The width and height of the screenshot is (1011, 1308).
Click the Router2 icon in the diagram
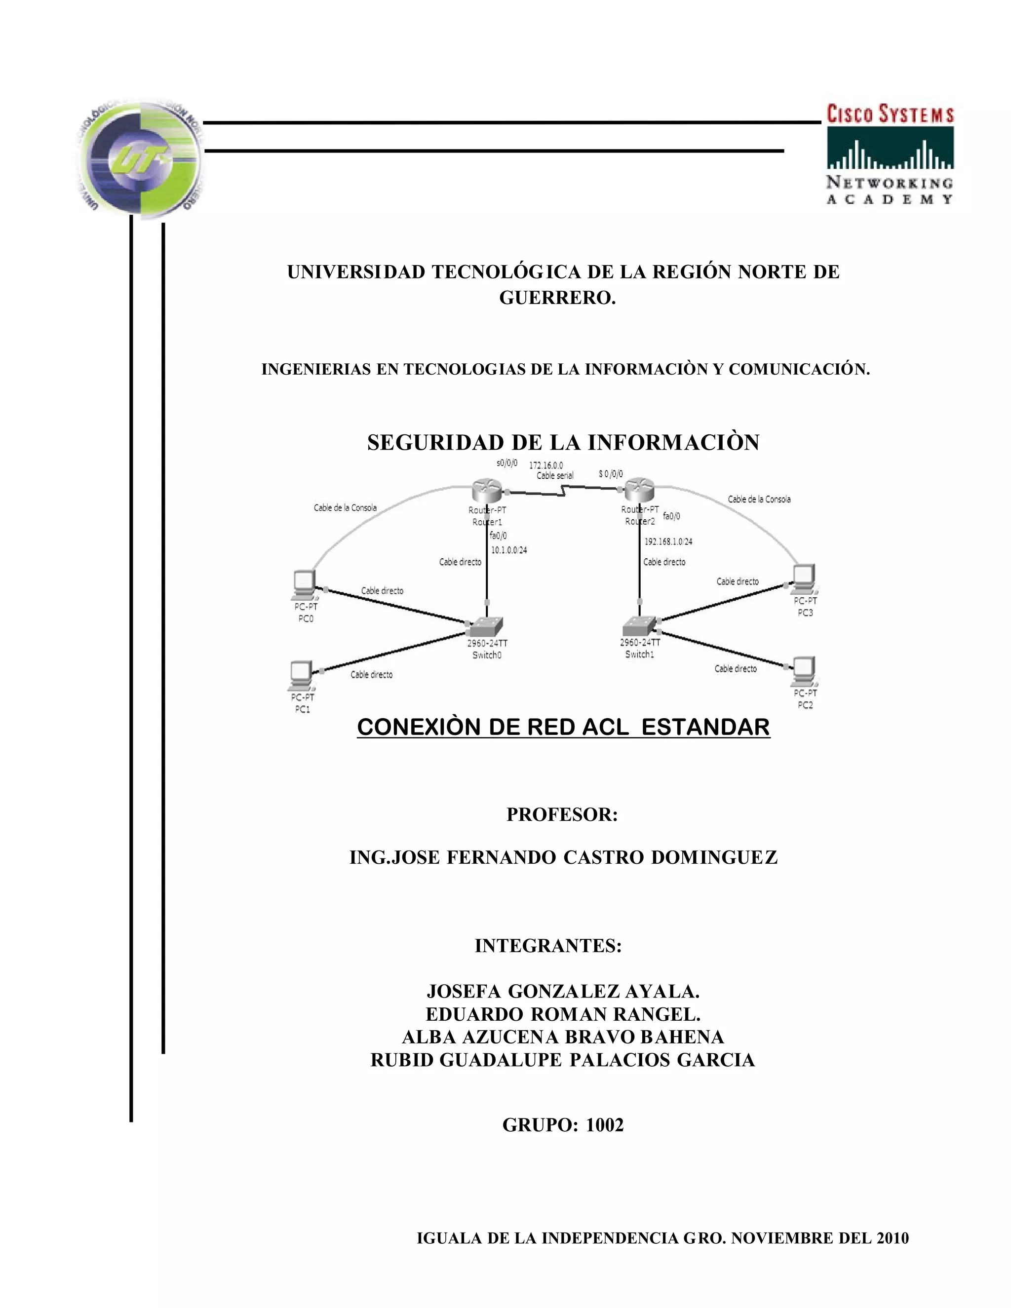click(x=639, y=491)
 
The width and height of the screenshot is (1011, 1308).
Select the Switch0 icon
click(x=486, y=627)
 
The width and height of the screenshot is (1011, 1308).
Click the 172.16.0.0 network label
click(x=545, y=465)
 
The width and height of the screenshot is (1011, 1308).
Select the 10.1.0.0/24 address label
click(x=509, y=550)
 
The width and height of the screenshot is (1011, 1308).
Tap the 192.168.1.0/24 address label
click(x=668, y=541)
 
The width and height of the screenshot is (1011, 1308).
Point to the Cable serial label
click(x=554, y=475)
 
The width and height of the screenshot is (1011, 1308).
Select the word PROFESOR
click(x=561, y=814)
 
